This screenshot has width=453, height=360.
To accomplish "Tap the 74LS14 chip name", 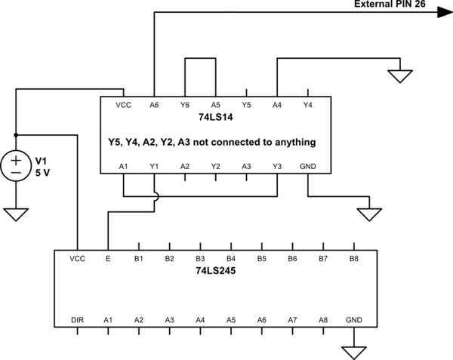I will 215,118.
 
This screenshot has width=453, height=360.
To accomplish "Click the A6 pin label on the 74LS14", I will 154,104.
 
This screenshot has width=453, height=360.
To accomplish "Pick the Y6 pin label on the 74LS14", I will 185,104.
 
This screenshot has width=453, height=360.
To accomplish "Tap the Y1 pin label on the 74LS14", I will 154,166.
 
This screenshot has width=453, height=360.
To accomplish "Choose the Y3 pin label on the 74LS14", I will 277,166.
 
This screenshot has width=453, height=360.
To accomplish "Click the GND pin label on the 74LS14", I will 308,166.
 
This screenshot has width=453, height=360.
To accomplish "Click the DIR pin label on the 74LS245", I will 77,320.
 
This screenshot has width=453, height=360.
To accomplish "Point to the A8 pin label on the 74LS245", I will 323,320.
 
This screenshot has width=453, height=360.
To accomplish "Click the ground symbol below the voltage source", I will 15,214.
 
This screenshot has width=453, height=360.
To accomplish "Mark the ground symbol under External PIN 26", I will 400,75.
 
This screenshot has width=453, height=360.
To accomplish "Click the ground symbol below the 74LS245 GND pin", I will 354,352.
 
